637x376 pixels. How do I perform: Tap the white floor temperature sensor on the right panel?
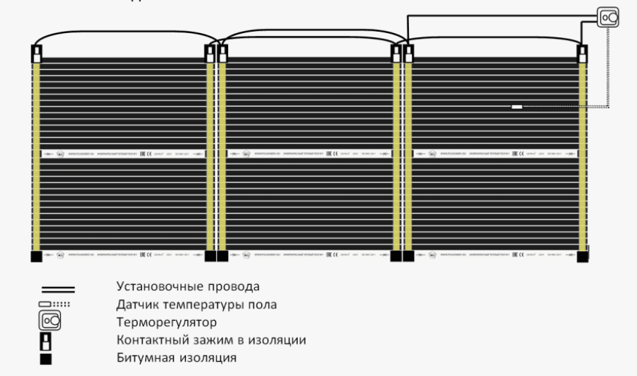click(517, 106)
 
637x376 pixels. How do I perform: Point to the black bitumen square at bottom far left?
click(37, 256)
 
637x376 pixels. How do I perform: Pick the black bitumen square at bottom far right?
click(582, 256)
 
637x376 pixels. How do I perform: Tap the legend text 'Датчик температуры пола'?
click(196, 304)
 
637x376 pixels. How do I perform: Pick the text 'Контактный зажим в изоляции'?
click(211, 339)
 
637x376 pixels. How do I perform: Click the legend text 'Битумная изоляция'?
click(176, 357)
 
